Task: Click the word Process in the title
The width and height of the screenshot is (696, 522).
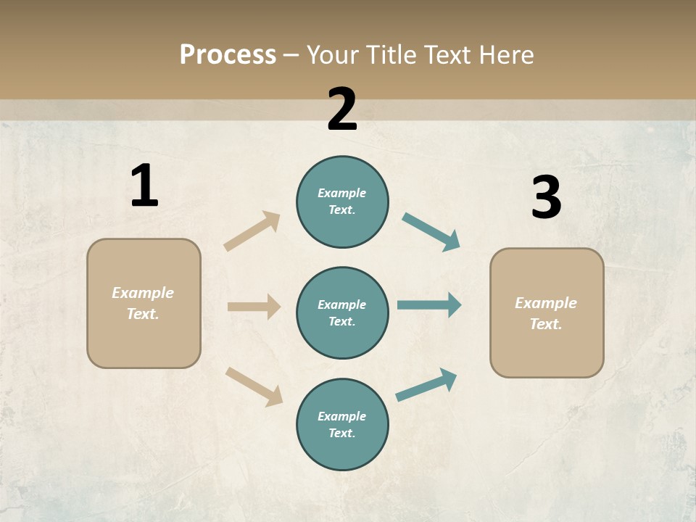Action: pyautogui.click(x=228, y=54)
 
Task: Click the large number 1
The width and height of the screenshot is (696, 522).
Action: pyautogui.click(x=144, y=186)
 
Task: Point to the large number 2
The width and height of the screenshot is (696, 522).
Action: pyautogui.click(x=342, y=109)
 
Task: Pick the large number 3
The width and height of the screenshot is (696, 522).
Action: pyautogui.click(x=546, y=197)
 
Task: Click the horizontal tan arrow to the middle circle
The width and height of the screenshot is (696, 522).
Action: pyautogui.click(x=254, y=307)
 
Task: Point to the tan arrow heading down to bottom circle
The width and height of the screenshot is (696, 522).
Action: pyautogui.click(x=254, y=386)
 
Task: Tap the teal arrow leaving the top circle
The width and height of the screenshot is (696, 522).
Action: pyautogui.click(x=431, y=232)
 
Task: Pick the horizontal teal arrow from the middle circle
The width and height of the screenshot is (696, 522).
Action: pyautogui.click(x=429, y=305)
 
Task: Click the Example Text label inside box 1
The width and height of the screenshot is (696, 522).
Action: pyautogui.click(x=143, y=303)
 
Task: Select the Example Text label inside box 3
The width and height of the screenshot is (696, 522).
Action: pyautogui.click(x=546, y=313)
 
